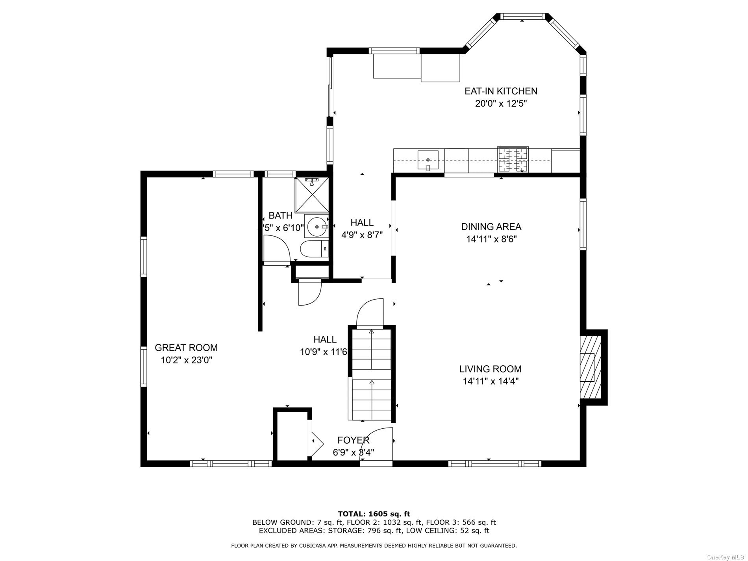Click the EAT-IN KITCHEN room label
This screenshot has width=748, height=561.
(x=501, y=91)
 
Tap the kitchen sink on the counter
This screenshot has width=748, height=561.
(x=428, y=160)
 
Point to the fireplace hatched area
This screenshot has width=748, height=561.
(x=591, y=367)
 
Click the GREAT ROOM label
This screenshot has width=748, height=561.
(x=186, y=348)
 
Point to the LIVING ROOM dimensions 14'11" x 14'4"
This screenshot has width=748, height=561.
(x=491, y=381)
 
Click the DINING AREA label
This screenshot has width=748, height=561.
(x=491, y=227)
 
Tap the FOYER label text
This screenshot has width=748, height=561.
(x=353, y=440)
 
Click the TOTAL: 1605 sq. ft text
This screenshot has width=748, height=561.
(x=374, y=514)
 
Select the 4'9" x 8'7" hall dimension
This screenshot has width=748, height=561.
(x=362, y=235)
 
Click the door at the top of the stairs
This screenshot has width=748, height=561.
(x=370, y=313)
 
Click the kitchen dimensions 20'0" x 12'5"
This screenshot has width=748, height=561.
(x=501, y=104)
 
